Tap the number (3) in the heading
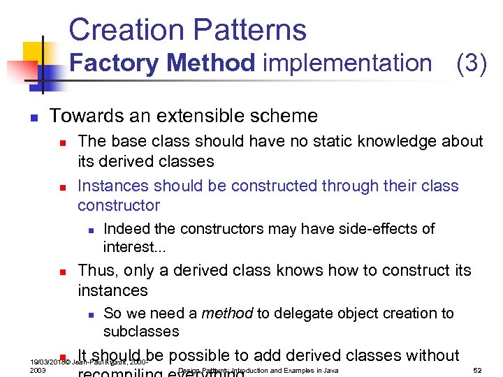tap(471, 63)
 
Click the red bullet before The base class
tap(61, 142)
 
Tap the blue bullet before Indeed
tap(88, 230)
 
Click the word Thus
tap(96, 270)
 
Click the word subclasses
tap(141, 331)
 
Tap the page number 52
tap(478, 370)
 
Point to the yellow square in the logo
tap(34, 52)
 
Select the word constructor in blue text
tap(119, 205)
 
